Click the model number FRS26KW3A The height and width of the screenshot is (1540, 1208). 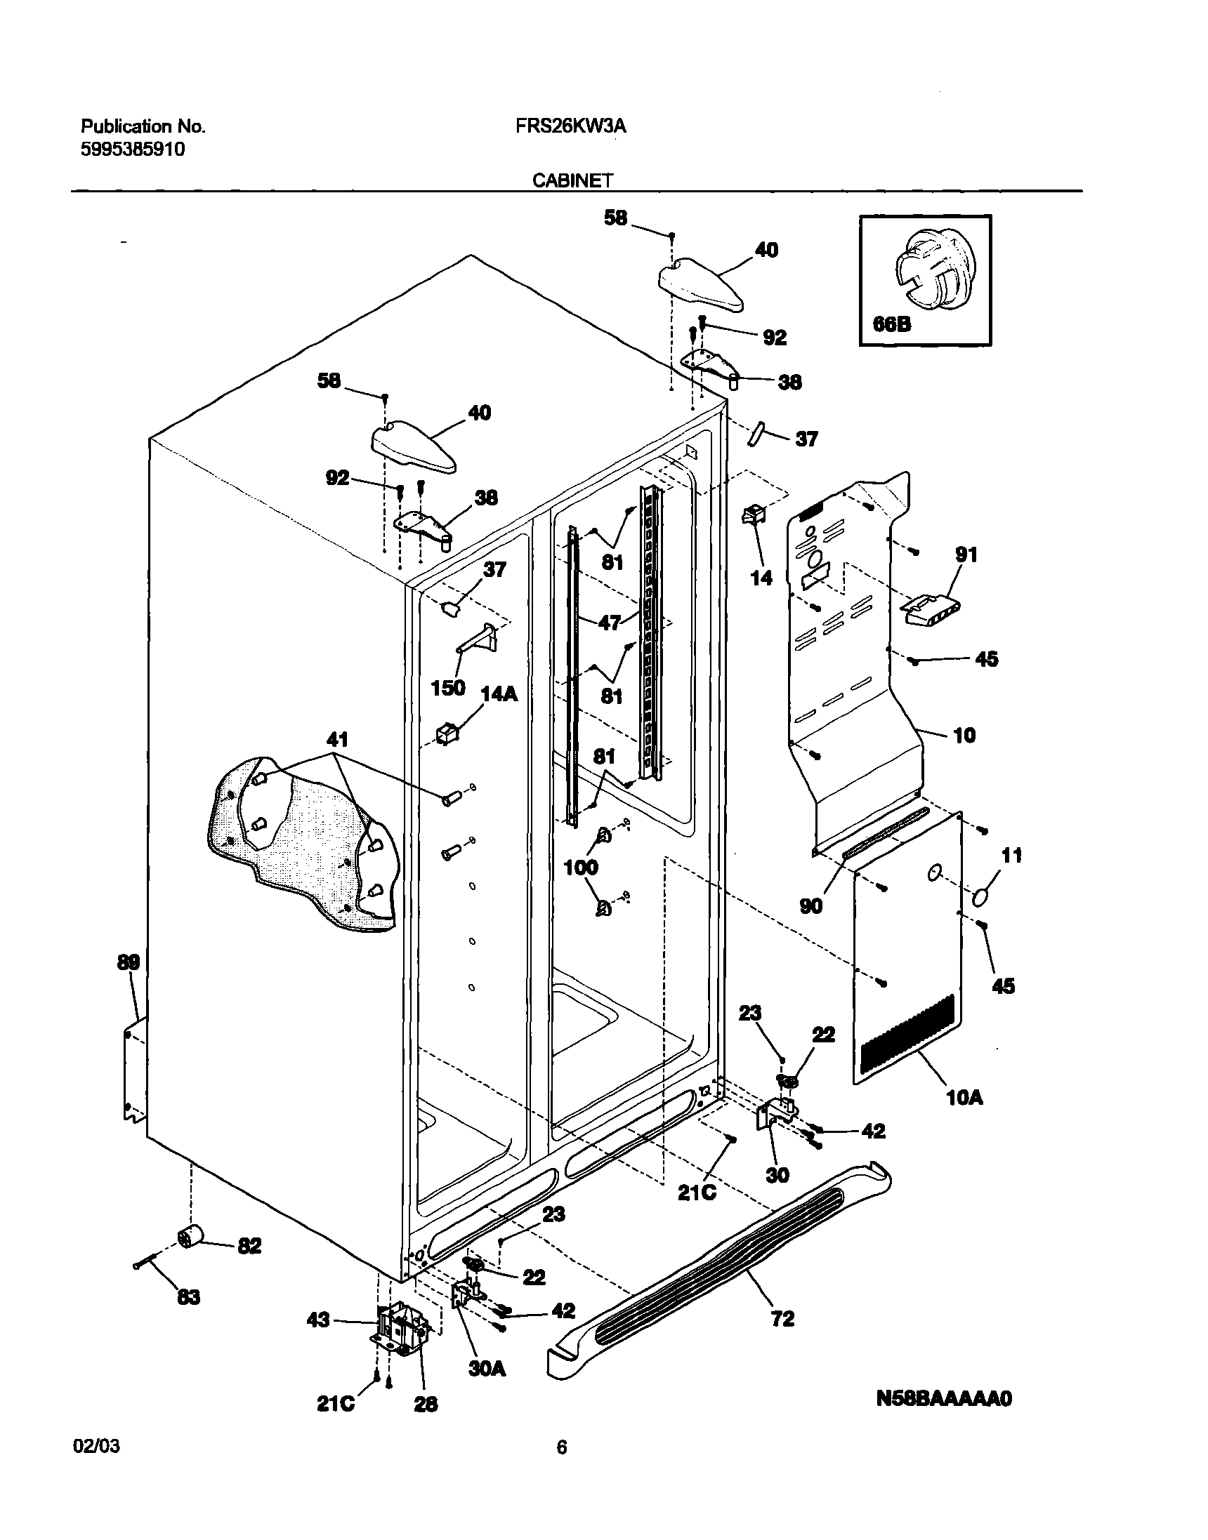point(567,126)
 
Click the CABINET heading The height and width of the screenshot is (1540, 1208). point(572,181)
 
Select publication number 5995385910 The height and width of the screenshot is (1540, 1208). point(133,149)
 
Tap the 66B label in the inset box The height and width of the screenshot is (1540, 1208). point(892,324)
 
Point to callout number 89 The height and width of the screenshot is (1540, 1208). point(129,962)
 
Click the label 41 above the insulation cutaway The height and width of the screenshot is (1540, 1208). point(337,740)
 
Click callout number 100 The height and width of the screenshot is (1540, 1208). point(581,867)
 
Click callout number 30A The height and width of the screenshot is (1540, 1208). point(487,1369)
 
